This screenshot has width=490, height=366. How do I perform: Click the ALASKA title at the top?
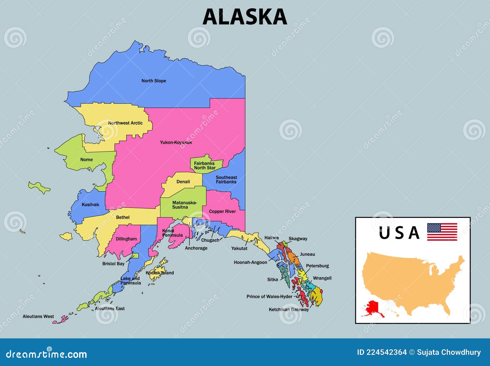point(245,17)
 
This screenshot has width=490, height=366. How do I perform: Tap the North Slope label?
point(154,81)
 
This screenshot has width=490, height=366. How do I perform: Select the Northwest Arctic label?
point(125,123)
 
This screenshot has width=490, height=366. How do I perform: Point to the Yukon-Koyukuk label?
point(176,142)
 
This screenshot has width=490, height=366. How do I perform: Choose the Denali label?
point(183,182)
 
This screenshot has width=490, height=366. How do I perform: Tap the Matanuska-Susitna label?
point(184,205)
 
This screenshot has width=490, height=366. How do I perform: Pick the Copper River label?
point(222,211)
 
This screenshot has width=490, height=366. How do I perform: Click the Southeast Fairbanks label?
point(226,179)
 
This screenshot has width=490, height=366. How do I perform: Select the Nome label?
point(86,160)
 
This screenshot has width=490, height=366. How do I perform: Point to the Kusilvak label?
point(90,205)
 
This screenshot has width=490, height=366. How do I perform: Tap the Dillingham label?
point(126,239)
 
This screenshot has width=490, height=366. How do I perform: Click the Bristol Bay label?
point(113,264)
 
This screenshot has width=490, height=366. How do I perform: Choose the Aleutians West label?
point(38,316)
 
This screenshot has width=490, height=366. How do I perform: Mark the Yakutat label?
point(239,248)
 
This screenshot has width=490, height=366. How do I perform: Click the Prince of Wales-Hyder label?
point(269,297)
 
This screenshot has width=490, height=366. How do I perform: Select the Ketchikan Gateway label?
point(289,310)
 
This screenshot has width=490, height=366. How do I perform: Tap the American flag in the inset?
point(442,232)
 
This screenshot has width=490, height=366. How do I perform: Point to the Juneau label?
point(307,254)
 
